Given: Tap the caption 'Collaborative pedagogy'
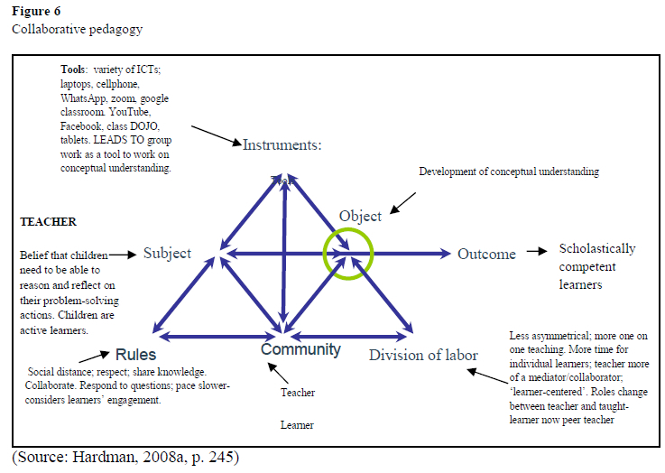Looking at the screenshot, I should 77,29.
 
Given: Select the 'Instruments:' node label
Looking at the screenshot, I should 282,144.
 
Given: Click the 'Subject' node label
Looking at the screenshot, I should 167,254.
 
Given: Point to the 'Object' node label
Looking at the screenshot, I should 360,216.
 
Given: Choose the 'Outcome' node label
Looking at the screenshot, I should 486,254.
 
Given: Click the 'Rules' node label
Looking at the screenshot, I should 135,355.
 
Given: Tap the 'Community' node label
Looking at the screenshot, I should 300,349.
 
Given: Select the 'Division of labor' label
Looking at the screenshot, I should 422,355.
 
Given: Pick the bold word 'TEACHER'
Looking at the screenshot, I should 48,222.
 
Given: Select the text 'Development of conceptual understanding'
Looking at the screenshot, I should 509,171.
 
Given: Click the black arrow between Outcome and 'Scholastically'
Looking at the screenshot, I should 537,253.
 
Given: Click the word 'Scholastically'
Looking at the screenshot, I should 596,248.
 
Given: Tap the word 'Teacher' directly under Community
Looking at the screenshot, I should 299,393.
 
